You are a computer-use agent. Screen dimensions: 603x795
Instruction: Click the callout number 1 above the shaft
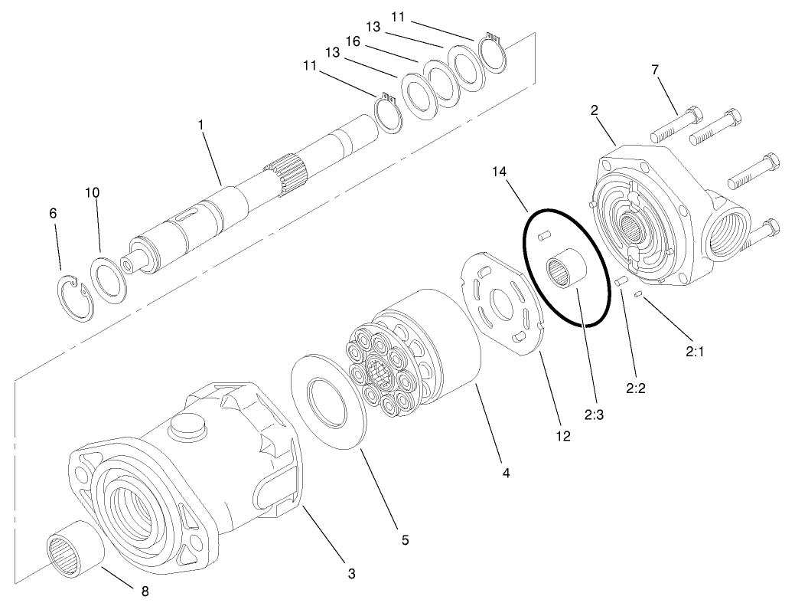click(201, 123)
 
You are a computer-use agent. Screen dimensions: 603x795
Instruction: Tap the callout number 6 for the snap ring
click(53, 215)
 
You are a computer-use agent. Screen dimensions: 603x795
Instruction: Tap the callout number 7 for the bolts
click(655, 70)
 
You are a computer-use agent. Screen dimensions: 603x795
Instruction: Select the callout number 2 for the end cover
click(594, 110)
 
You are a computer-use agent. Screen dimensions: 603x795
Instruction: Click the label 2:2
click(636, 388)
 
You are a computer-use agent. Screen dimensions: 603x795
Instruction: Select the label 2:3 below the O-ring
click(595, 415)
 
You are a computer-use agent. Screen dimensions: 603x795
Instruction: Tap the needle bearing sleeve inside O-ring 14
click(567, 273)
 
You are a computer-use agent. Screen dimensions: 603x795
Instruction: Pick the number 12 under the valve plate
click(563, 437)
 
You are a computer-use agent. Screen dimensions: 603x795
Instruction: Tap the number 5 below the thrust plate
click(405, 540)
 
